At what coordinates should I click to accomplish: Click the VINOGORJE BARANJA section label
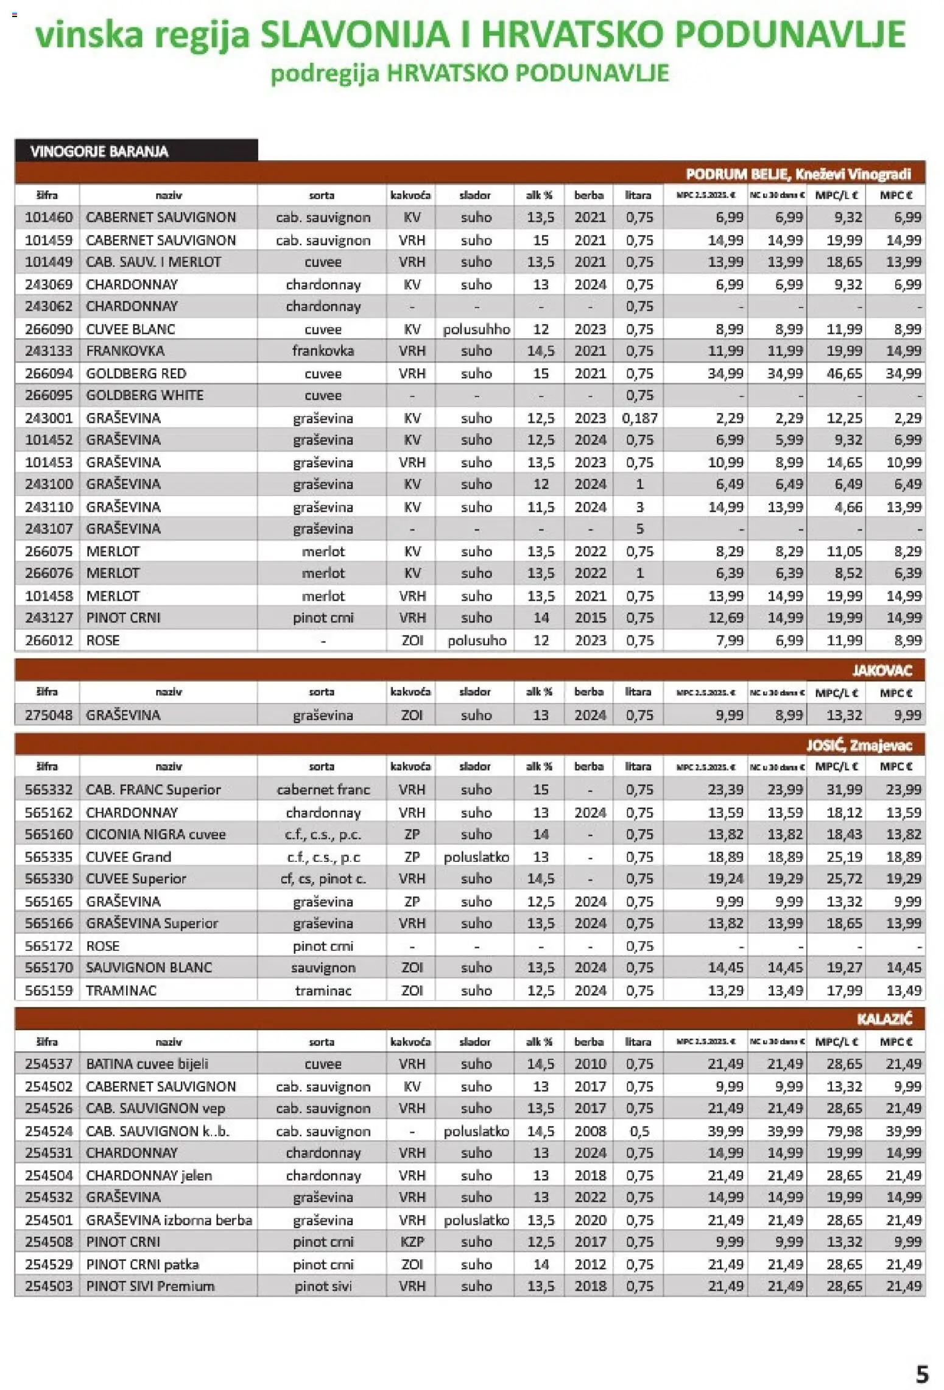(x=99, y=151)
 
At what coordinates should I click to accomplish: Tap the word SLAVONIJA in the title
(x=354, y=34)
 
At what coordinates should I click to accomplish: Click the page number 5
(x=922, y=1374)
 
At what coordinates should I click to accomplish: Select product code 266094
(x=48, y=373)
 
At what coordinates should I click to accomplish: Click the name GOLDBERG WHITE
(x=144, y=395)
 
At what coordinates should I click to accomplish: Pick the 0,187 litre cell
(x=639, y=418)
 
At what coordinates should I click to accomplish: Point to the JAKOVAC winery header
(x=881, y=671)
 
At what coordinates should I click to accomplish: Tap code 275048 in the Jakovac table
(x=48, y=715)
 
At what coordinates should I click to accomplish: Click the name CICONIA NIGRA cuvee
(x=155, y=834)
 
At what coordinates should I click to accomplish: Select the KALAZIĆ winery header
(x=884, y=1019)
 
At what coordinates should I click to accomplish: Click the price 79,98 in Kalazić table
(x=844, y=1131)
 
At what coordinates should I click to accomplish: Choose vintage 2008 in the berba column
(x=590, y=1131)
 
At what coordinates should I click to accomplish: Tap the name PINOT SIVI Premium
(x=150, y=1286)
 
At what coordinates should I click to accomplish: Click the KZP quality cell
(x=412, y=1242)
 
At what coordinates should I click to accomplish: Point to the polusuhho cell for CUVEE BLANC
(x=476, y=330)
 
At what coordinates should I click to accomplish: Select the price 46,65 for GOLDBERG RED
(x=844, y=373)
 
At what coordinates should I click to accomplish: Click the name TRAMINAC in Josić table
(x=121, y=990)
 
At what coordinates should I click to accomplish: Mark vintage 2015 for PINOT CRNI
(x=590, y=618)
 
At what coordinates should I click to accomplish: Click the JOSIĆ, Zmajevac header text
(x=859, y=746)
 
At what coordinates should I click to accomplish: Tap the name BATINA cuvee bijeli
(x=147, y=1064)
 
